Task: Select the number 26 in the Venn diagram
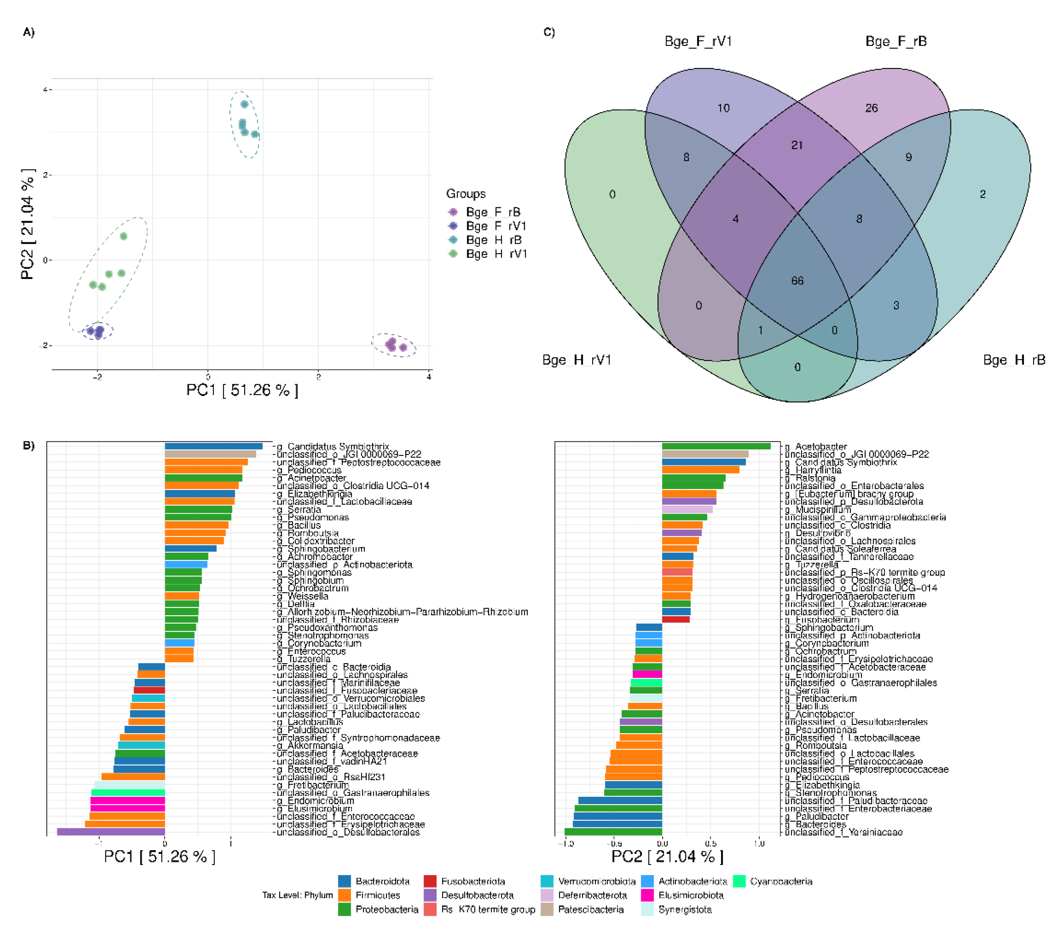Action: click(872, 108)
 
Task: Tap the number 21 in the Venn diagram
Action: click(797, 145)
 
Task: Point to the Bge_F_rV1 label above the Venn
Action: click(698, 41)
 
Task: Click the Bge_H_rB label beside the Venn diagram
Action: click(1013, 360)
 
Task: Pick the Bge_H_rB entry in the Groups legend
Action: click(493, 240)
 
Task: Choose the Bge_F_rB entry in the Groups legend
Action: click(493, 212)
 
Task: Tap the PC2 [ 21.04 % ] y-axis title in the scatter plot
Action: click(27, 224)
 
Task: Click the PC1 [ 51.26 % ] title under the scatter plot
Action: click(242, 390)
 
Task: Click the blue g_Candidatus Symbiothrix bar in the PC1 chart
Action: click(213, 446)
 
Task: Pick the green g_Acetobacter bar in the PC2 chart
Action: click(716, 446)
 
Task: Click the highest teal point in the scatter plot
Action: click(245, 104)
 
